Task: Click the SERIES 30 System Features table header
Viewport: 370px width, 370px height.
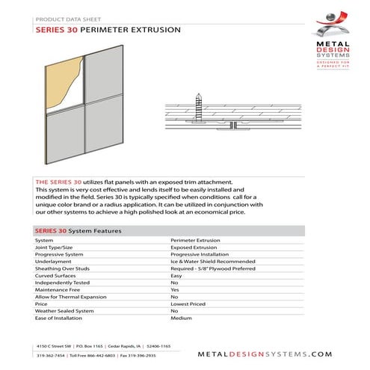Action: point(78,231)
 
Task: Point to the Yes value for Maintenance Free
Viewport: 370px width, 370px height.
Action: point(176,290)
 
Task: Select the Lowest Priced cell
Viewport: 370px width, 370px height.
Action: point(189,304)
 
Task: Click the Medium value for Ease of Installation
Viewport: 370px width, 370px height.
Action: point(182,318)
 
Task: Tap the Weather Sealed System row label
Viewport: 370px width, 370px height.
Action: point(64,311)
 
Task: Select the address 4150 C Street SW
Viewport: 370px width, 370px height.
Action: point(57,348)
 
